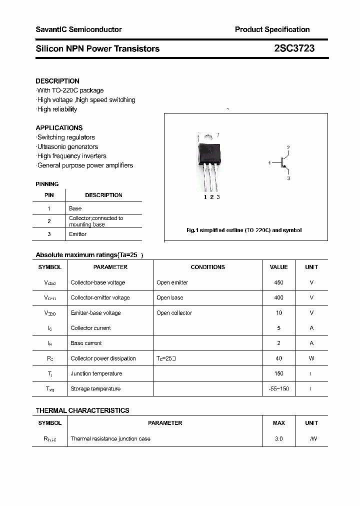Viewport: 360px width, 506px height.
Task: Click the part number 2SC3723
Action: (294, 48)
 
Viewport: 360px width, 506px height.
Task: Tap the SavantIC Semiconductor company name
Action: (78, 29)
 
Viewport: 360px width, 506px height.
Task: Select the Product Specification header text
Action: (272, 29)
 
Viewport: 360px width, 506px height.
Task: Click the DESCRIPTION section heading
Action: (57, 81)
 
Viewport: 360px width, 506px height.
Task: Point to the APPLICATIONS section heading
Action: (59, 128)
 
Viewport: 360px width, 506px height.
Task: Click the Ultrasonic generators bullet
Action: (67, 146)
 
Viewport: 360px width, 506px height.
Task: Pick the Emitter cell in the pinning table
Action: (77, 234)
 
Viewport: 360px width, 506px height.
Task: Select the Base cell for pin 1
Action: (75, 208)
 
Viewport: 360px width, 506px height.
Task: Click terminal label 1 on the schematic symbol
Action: (269, 163)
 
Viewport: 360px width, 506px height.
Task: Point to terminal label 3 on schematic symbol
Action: (288, 178)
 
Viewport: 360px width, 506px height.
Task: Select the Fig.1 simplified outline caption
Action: (244, 230)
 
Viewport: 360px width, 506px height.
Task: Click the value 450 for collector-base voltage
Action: (278, 282)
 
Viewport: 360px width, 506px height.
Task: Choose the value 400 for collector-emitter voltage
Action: (278, 297)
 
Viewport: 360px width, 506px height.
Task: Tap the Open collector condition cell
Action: (174, 313)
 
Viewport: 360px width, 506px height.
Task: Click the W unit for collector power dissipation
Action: (311, 358)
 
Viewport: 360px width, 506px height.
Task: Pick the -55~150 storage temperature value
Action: (278, 389)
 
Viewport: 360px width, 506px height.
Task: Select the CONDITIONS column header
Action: (208, 267)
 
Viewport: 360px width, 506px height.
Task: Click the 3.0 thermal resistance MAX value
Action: (278, 439)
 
